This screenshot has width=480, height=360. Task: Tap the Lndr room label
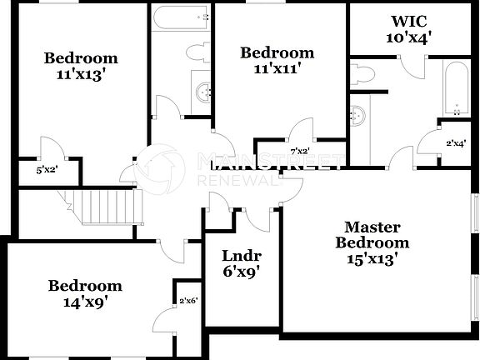(x=242, y=256)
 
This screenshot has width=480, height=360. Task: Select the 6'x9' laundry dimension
(x=242, y=271)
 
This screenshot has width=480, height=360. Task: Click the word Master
(x=372, y=227)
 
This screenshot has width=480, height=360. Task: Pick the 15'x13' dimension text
(x=372, y=258)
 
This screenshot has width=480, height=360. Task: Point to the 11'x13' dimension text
(x=81, y=73)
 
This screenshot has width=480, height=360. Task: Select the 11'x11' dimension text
(x=277, y=68)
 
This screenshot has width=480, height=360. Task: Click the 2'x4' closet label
(x=455, y=143)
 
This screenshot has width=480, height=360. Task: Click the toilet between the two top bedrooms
(x=197, y=53)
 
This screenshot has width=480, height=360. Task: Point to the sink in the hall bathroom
(x=202, y=92)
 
